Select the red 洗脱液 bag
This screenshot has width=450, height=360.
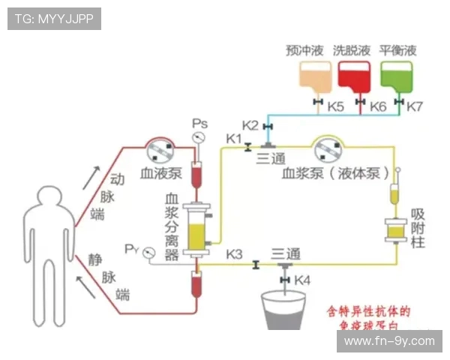355,77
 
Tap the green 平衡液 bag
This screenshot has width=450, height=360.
396,77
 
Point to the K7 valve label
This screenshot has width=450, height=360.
415,107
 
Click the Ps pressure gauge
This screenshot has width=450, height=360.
199,138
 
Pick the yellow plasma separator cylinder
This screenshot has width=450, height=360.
198,226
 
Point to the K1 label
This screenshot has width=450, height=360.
234,138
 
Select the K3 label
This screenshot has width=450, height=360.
234,253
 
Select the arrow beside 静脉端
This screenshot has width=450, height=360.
88,286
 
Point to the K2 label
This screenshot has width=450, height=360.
250,124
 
